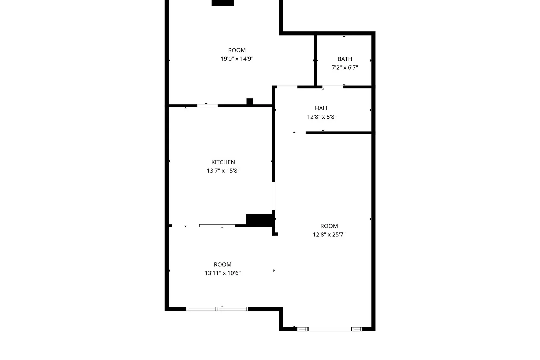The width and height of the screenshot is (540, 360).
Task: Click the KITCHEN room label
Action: pyautogui.click(x=223, y=162)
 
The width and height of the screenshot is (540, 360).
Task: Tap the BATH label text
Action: pyautogui.click(x=345, y=59)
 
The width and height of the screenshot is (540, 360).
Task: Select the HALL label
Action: pyautogui.click(x=322, y=108)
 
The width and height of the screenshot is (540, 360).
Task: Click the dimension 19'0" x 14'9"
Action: pyautogui.click(x=237, y=59)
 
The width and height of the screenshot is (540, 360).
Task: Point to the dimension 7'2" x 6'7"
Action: pyautogui.click(x=345, y=68)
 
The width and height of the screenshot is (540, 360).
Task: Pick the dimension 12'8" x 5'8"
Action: pyautogui.click(x=322, y=117)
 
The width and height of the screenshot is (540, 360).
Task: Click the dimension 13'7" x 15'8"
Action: pyautogui.click(x=223, y=171)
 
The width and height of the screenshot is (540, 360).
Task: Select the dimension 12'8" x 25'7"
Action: pyautogui.click(x=329, y=234)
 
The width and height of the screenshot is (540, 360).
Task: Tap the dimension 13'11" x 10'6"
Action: pyautogui.click(x=223, y=273)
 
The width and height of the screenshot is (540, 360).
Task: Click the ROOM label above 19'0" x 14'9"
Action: pyautogui.click(x=237, y=50)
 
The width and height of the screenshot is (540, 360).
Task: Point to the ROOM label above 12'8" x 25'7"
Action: pyautogui.click(x=329, y=226)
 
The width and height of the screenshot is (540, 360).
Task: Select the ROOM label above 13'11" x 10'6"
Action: pyautogui.click(x=223, y=265)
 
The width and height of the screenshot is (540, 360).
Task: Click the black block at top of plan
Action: pyautogui.click(x=223, y=3)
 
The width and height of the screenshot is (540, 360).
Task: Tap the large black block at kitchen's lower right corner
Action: pyautogui.click(x=260, y=220)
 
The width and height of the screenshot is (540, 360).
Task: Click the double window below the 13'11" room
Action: pyautogui.click(x=217, y=309)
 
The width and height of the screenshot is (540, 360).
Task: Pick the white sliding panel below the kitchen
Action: pyautogui.click(x=217, y=226)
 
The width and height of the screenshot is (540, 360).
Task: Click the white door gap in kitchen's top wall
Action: pyautogui.click(x=207, y=106)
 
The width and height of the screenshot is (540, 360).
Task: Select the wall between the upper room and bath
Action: pyautogui.click(x=315, y=60)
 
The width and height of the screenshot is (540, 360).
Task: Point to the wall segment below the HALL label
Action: pyautogui.click(x=339, y=133)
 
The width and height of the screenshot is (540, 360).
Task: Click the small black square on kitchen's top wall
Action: pyautogui.click(x=250, y=102)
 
